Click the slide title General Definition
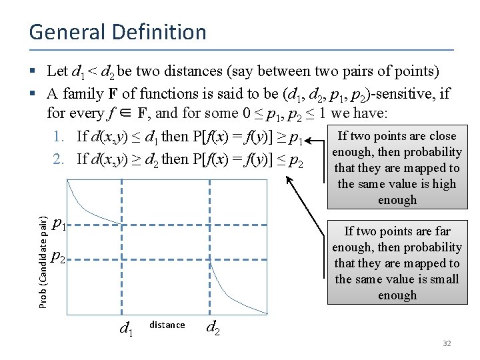tap(117, 32)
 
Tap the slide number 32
tap(447, 343)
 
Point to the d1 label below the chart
tap(125, 328)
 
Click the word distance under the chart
tap(167, 325)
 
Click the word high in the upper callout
tap(444, 184)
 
